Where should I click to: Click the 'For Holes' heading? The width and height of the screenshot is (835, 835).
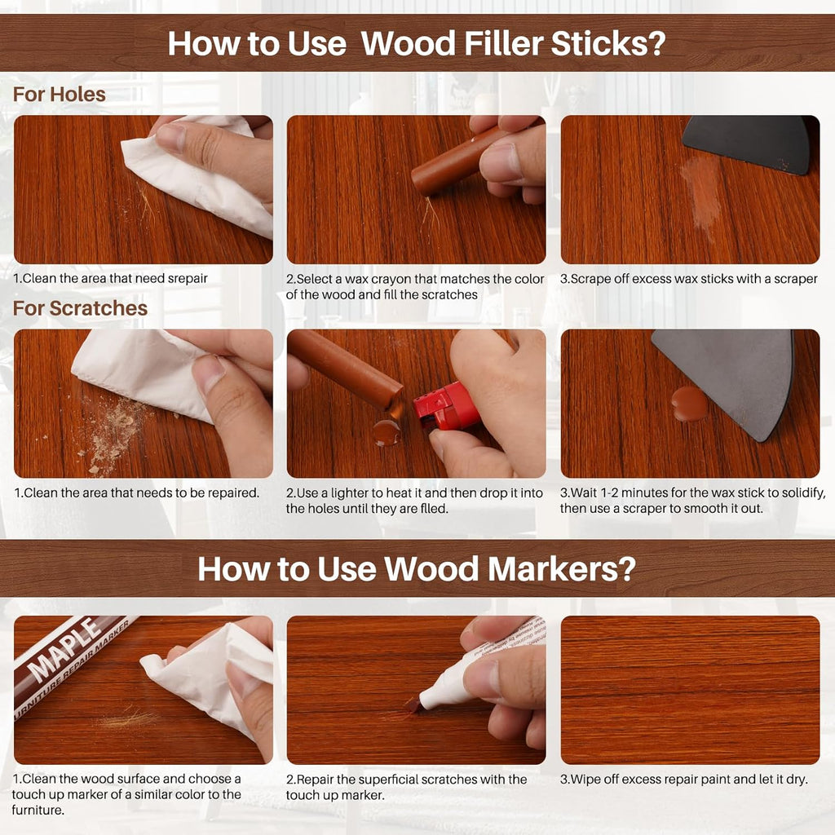point(60,95)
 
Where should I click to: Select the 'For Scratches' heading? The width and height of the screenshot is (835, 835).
point(80,308)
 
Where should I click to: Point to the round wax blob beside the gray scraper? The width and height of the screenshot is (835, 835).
point(689,403)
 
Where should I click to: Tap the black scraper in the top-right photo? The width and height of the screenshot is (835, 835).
point(750,142)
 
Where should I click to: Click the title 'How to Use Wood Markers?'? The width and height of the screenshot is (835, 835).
point(416,568)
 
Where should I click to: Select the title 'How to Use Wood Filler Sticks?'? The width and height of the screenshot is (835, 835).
point(416,43)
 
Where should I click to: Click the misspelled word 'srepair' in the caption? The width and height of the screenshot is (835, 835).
point(184,278)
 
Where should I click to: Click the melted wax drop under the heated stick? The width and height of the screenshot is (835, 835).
point(387,432)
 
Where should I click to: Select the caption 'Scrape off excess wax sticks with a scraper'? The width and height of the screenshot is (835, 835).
point(688,278)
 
